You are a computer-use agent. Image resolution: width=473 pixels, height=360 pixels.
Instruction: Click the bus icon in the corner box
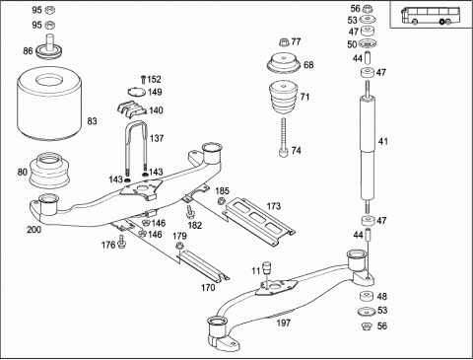tap(427, 16)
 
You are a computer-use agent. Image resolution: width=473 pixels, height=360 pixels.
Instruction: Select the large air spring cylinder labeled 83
tap(49, 104)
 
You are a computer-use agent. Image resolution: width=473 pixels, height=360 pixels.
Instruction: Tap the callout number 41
tap(383, 142)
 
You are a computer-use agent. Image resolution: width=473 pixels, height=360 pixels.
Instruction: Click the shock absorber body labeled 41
tap(368, 148)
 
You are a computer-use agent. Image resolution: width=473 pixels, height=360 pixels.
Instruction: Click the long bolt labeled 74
tap(284, 137)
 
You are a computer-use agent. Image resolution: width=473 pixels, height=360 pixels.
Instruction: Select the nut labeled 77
tap(284, 42)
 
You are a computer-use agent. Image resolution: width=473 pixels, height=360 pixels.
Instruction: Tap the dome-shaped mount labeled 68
tap(284, 63)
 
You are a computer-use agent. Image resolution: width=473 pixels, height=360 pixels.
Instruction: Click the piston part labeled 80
tap(49, 171)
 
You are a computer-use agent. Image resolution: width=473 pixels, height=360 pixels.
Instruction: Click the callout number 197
tap(283, 323)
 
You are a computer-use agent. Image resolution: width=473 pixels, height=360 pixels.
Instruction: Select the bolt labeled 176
tap(122, 243)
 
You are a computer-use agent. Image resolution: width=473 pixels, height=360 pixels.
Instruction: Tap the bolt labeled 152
tap(143, 80)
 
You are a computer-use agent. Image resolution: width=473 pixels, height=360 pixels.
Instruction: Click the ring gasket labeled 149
tap(136, 92)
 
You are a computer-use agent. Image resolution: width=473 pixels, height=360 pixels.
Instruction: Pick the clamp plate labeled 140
tap(131, 109)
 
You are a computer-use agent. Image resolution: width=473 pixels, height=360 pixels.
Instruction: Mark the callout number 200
tap(34, 230)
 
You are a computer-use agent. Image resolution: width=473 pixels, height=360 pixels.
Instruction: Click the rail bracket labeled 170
tap(203, 265)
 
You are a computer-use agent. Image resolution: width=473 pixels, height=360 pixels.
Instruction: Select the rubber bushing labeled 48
tap(367, 296)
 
